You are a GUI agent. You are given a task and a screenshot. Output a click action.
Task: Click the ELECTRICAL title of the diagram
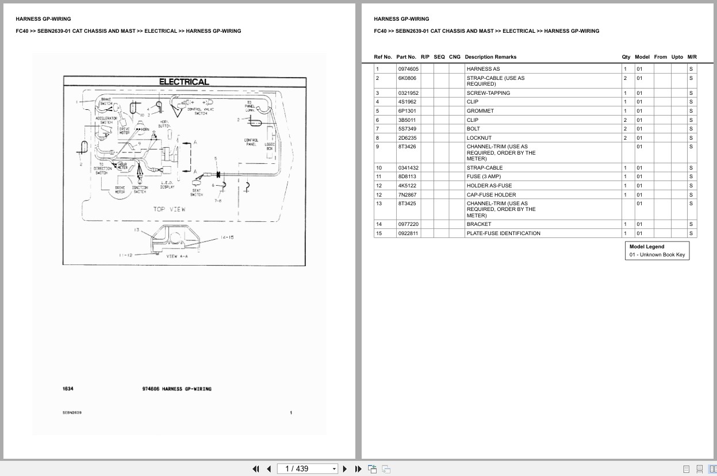tap(184, 82)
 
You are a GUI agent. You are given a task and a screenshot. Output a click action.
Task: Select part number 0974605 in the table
tap(408, 69)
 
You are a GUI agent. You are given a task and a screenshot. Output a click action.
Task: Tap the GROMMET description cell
tap(480, 111)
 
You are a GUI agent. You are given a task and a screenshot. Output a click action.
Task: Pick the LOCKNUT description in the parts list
tap(480, 138)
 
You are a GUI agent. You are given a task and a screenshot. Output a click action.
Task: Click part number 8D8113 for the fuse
tap(407, 176)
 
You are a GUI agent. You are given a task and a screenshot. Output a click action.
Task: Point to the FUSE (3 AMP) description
tap(484, 176)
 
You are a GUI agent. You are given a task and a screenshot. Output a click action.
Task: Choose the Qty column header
tap(626, 57)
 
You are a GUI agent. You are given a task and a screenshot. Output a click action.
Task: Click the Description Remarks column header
tap(490, 57)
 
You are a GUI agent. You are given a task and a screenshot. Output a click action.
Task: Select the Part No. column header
tap(406, 57)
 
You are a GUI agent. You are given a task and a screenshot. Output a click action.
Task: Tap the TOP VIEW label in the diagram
tap(169, 209)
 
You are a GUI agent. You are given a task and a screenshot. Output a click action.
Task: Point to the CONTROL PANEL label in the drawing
tap(251, 142)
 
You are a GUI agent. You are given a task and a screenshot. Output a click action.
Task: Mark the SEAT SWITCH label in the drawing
tap(197, 193)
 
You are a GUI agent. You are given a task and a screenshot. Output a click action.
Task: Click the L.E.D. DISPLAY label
tap(168, 185)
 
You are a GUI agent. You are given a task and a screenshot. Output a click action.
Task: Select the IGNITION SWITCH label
tap(140, 189)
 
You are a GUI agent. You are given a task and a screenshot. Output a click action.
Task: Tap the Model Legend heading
tap(647, 247)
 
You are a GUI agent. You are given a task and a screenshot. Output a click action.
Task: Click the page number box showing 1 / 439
tap(307, 469)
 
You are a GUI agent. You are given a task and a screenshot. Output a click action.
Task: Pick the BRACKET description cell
tap(479, 224)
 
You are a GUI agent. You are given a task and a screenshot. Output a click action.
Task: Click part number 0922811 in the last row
tap(408, 233)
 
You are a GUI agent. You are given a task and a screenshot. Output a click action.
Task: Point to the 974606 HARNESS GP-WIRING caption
tap(177, 389)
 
